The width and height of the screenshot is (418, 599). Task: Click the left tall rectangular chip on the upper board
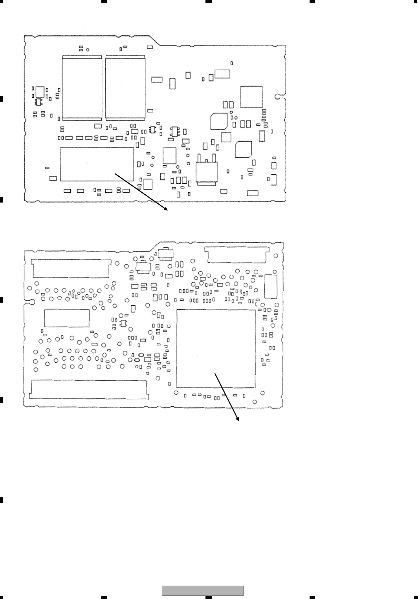(x=82, y=88)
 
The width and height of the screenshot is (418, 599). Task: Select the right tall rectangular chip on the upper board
(x=125, y=88)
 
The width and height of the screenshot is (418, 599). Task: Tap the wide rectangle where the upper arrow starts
(x=97, y=164)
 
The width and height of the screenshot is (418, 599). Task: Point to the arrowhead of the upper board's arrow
(x=167, y=210)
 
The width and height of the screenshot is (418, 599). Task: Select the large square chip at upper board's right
(x=251, y=97)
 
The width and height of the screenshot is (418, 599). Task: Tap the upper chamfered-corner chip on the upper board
(x=219, y=121)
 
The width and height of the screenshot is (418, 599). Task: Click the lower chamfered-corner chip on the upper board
(x=244, y=149)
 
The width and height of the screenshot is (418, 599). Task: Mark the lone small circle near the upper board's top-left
(x=88, y=50)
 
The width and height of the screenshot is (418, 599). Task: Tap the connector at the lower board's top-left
(x=71, y=268)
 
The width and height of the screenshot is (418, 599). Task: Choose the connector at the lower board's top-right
(x=237, y=254)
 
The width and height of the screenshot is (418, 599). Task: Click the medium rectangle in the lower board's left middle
(x=67, y=318)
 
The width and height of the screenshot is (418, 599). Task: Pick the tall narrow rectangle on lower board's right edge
(x=271, y=287)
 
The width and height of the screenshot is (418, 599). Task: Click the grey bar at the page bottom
(x=203, y=590)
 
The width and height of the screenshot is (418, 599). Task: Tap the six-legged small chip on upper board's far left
(x=38, y=102)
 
